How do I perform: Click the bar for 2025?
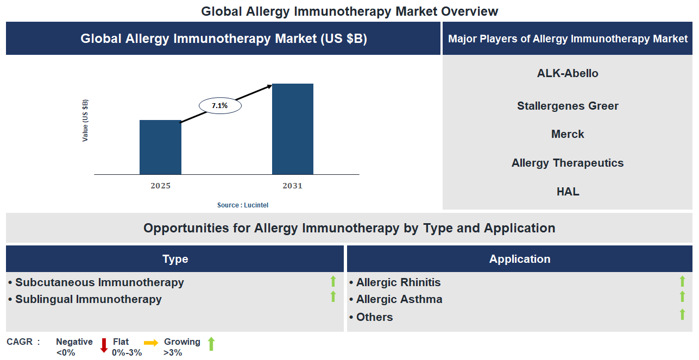(160, 147)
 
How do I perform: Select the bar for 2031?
(292, 129)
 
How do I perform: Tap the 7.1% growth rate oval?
(220, 106)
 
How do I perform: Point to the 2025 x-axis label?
(161, 186)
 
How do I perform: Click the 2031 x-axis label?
(292, 186)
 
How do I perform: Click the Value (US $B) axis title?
(85, 121)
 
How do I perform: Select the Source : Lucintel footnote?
(243, 205)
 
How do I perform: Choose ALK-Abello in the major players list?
(568, 73)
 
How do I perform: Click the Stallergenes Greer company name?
(568, 106)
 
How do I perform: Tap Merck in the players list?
(568, 134)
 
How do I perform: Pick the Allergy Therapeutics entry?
(568, 163)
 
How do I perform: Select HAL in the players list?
(568, 192)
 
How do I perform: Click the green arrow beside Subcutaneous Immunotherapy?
(333, 281)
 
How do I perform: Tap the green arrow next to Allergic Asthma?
(682, 296)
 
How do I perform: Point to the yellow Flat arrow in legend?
(151, 343)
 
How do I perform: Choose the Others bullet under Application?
(374, 317)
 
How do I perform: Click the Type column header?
(175, 259)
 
